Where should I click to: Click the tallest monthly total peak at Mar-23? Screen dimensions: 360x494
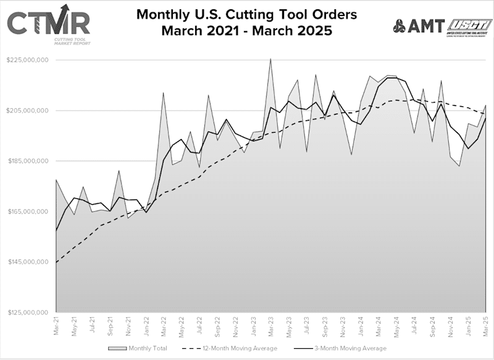(x=270, y=59)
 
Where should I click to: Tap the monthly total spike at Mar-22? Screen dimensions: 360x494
(x=163, y=93)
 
